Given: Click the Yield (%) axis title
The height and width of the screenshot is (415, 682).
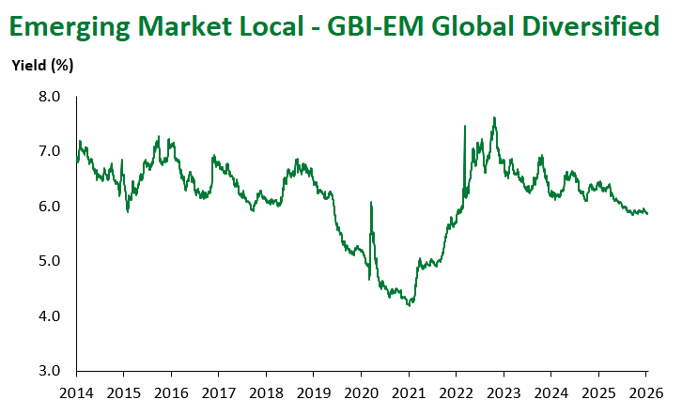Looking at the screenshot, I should click(42, 66).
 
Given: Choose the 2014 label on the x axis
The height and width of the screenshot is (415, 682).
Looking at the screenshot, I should click(76, 391).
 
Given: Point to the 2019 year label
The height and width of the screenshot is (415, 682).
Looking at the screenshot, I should click(314, 391).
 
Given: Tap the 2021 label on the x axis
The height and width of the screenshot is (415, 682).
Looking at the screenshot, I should click(409, 391).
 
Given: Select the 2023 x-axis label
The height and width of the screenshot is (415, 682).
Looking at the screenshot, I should click(504, 391).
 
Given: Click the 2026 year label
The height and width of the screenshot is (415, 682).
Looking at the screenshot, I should click(646, 391).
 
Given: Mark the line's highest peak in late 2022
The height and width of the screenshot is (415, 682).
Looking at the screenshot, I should click(495, 117).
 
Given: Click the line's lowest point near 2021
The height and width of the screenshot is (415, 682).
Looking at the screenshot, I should click(410, 305).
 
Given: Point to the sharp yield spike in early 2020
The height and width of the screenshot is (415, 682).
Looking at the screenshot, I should click(371, 202).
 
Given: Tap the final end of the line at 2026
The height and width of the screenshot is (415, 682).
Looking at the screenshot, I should click(647, 214).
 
